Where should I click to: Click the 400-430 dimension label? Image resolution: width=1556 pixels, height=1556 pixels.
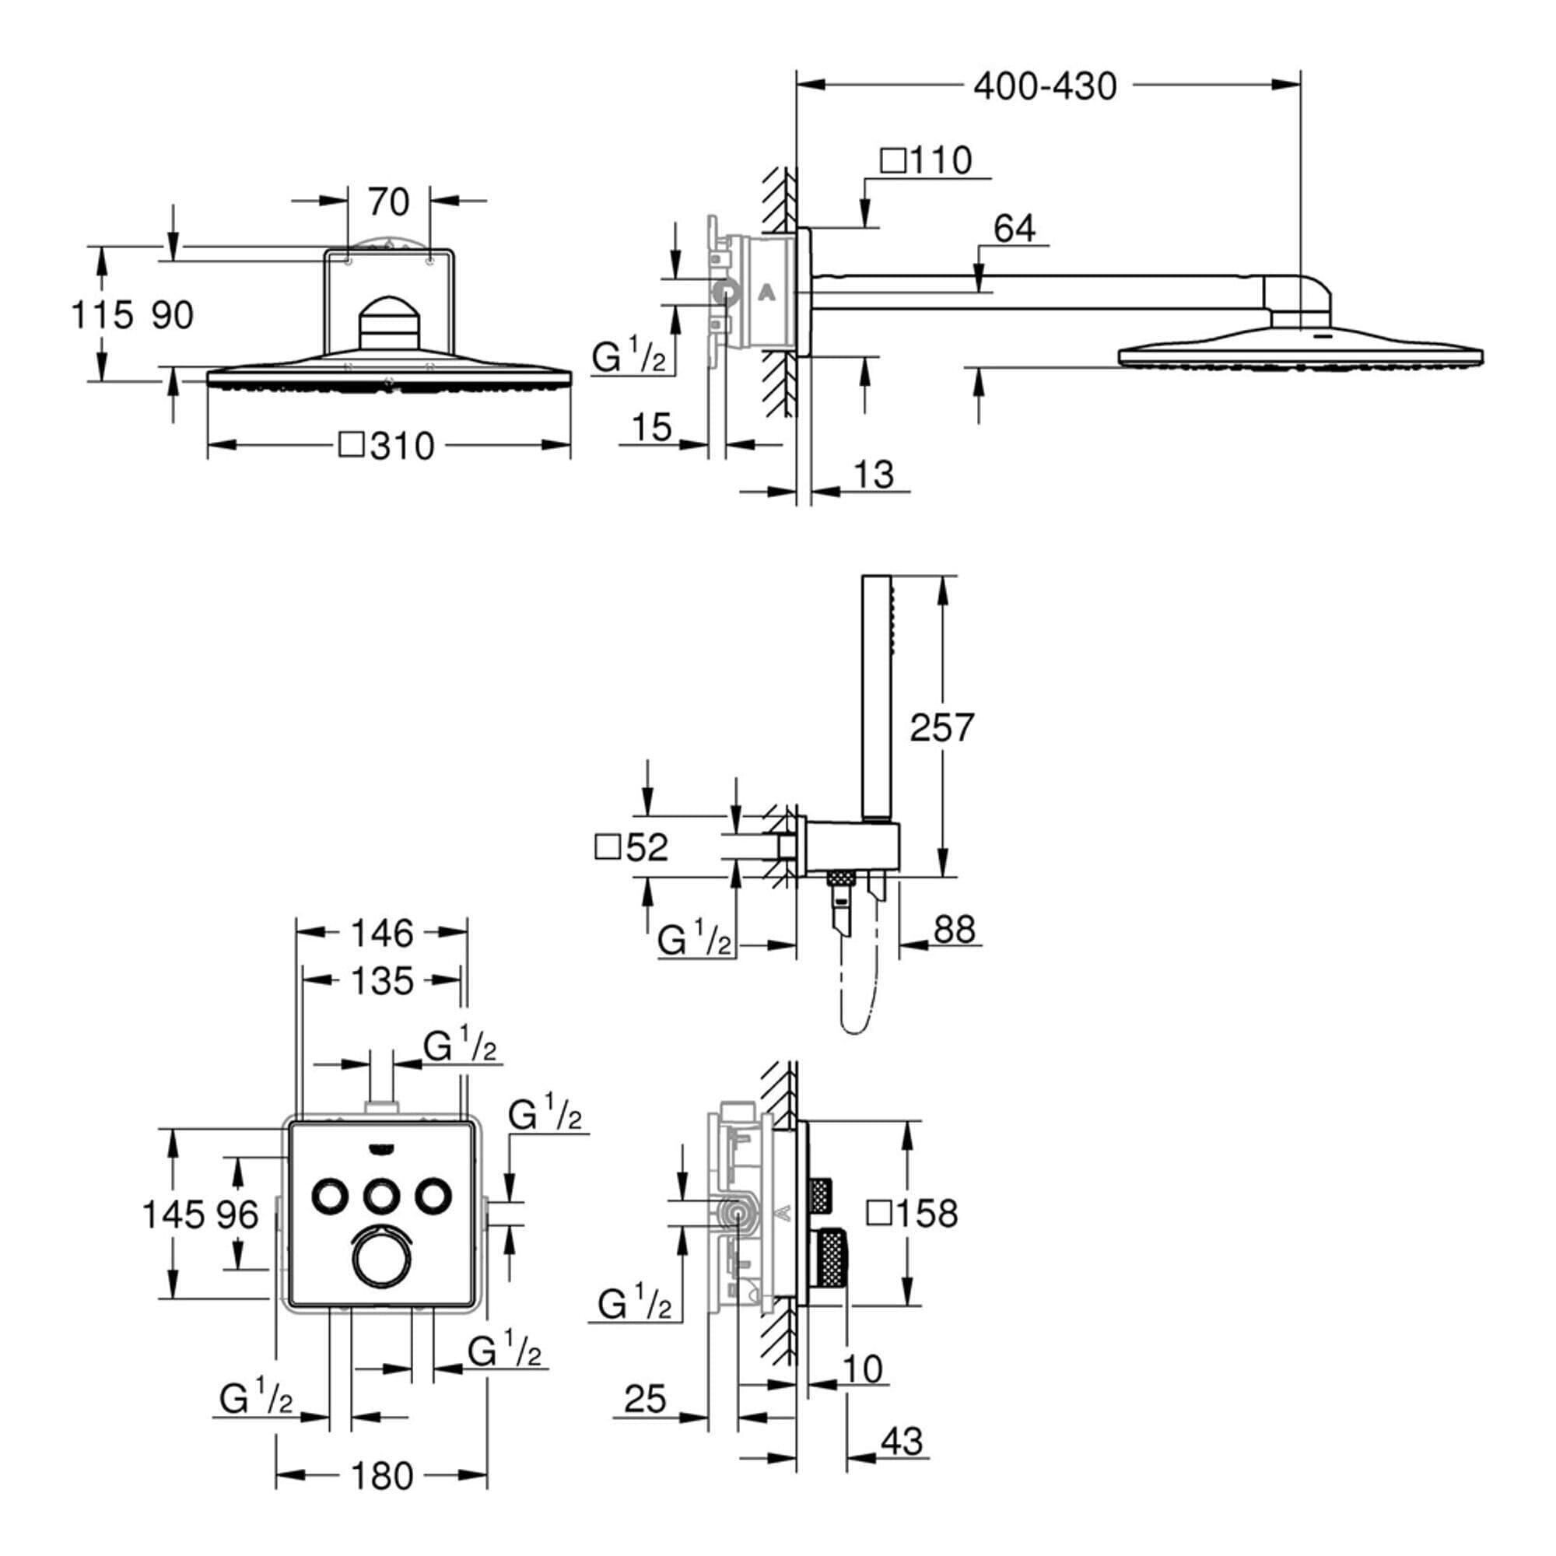point(1045,86)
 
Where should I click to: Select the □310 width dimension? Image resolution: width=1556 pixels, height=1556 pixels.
point(387,445)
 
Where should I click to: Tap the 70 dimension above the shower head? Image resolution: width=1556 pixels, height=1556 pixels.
point(388,202)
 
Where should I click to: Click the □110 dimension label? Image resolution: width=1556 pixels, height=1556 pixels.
point(926,160)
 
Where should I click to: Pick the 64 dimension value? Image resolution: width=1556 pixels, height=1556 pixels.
point(1013,229)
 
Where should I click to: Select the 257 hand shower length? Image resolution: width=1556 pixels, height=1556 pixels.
point(941,727)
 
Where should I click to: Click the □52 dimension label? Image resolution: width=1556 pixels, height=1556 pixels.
point(632,847)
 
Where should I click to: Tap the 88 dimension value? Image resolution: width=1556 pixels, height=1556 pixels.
point(955,930)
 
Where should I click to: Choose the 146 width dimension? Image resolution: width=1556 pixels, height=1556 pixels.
point(382,934)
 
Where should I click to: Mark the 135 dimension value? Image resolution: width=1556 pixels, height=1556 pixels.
point(382,981)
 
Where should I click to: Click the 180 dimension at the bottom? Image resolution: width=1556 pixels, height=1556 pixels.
point(382,1477)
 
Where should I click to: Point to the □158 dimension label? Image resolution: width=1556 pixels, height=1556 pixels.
point(913,1214)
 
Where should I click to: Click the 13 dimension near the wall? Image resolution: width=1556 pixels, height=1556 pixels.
point(873,475)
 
